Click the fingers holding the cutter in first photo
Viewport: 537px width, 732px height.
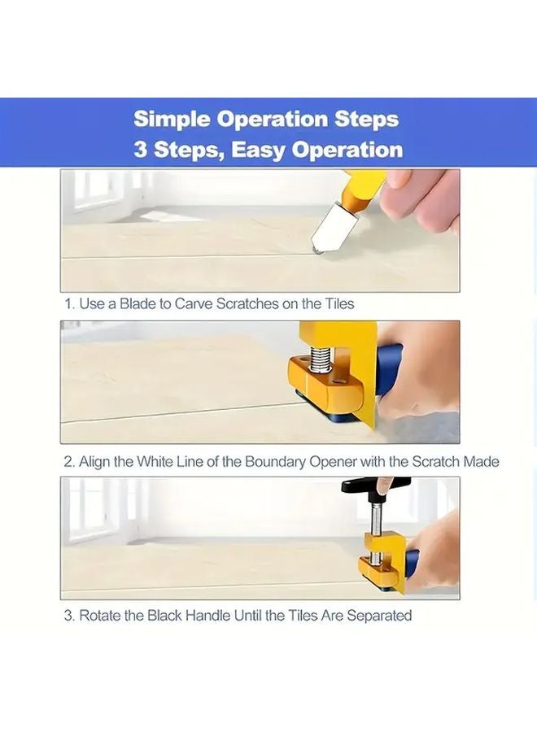click(423, 199)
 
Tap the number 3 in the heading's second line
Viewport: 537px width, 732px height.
click(141, 150)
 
